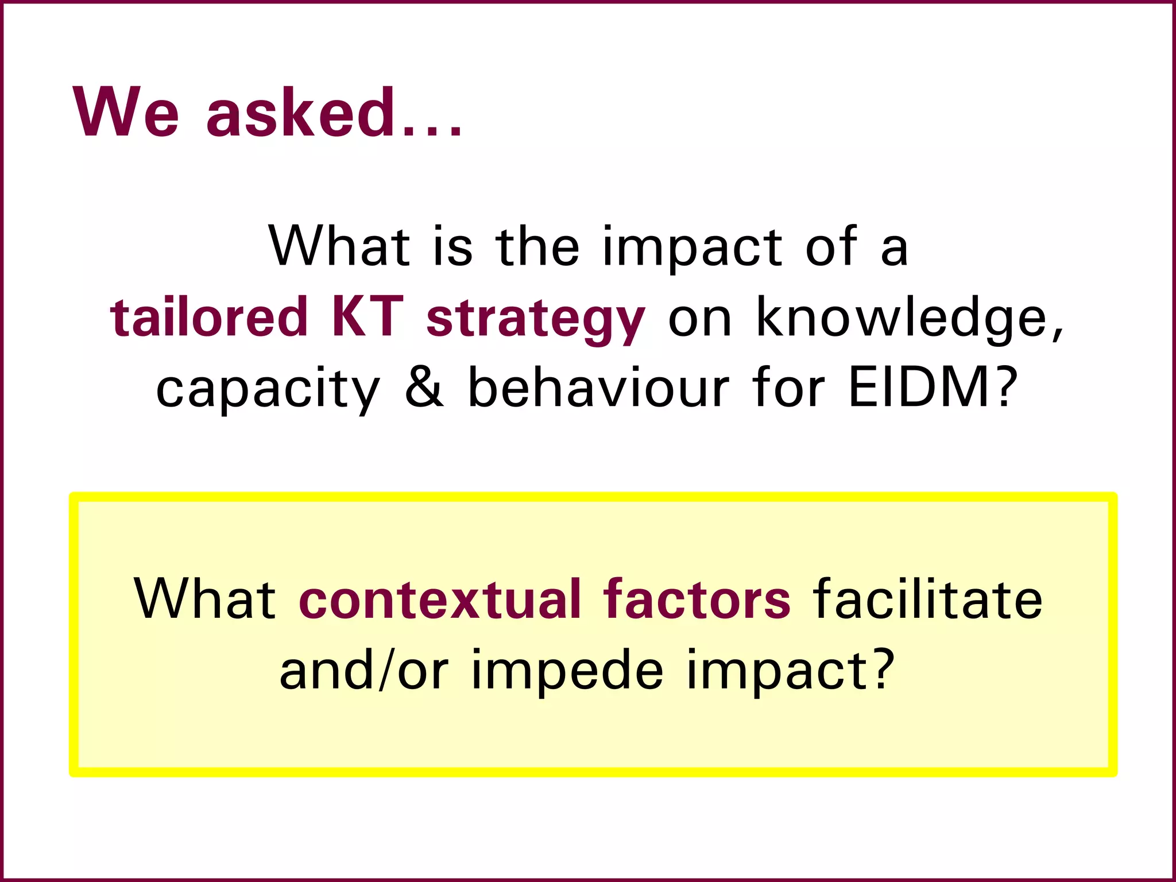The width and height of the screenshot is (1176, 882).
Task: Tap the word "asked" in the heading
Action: [x=300, y=113]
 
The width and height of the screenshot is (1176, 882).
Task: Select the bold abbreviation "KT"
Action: [x=367, y=317]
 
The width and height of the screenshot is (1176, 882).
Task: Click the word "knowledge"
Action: [x=909, y=317]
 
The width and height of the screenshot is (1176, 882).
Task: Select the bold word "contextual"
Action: [x=439, y=599]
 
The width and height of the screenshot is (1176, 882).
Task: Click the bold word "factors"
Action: [x=697, y=599]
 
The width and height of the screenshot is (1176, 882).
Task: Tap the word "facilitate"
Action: [x=928, y=599]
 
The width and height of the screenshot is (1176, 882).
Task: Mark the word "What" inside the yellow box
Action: [x=205, y=599]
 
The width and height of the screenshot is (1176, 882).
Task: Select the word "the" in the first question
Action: [x=537, y=247]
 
